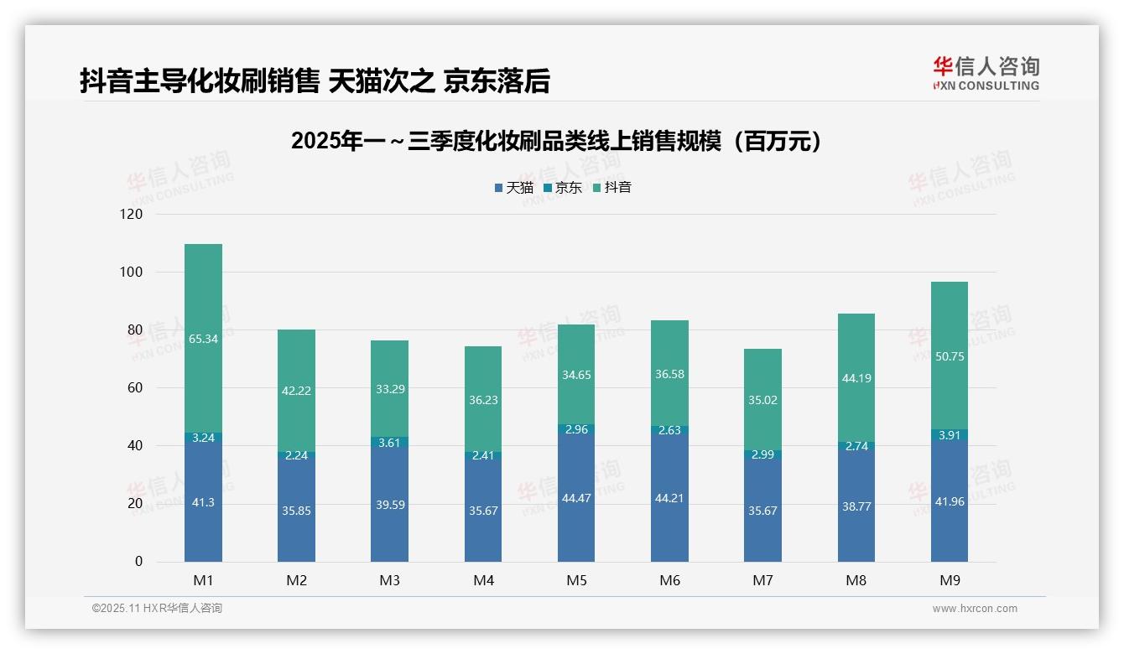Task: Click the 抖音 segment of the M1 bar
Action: (x=203, y=338)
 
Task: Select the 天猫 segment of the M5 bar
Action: (x=576, y=497)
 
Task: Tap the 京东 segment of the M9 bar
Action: (x=949, y=435)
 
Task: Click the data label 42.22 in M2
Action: (x=296, y=391)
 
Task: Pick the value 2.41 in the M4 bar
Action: (x=483, y=457)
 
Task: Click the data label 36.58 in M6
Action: (x=669, y=374)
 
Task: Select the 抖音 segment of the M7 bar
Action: (x=762, y=400)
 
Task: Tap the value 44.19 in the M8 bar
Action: (x=856, y=378)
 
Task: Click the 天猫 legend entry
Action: (x=513, y=188)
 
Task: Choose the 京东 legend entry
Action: (x=563, y=188)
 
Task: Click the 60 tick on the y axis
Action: (x=135, y=388)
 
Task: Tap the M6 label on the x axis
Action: (x=669, y=580)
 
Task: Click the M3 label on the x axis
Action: (x=389, y=580)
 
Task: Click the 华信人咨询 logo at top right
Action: (x=986, y=73)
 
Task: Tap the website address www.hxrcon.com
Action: (x=974, y=609)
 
